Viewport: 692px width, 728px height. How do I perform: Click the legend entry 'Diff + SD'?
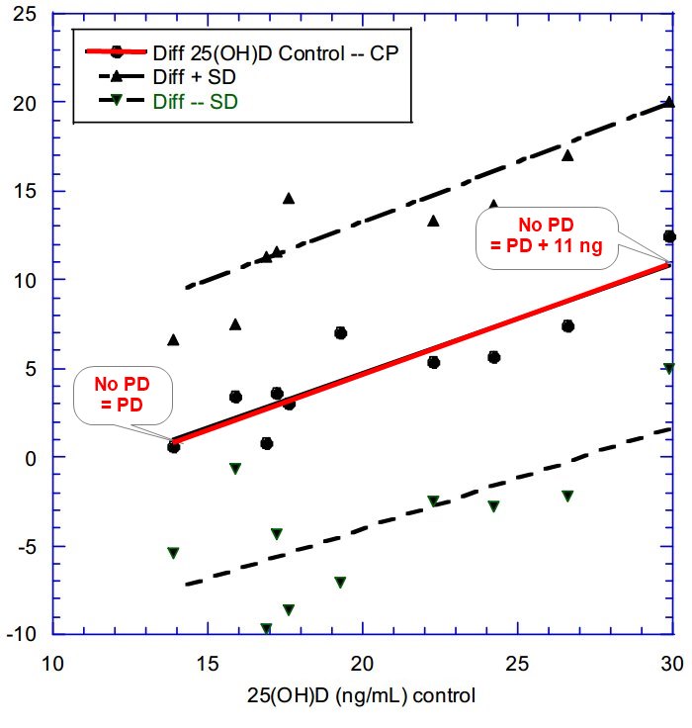point(193,76)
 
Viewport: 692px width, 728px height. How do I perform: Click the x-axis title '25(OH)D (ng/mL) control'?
point(361,694)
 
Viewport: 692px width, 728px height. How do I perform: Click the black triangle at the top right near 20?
point(669,101)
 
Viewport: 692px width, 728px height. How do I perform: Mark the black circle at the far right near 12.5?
point(669,236)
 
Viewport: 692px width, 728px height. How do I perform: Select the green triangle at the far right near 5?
point(669,368)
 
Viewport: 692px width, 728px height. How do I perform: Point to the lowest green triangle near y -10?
point(266,628)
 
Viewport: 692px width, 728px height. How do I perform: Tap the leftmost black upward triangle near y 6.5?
point(173,339)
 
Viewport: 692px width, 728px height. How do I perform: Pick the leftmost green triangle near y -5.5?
point(173,553)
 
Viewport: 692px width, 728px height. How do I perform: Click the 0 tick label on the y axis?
point(32,457)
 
